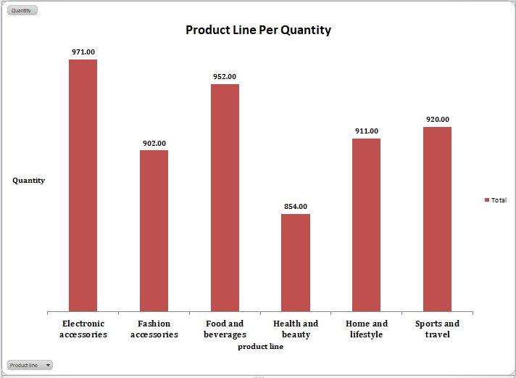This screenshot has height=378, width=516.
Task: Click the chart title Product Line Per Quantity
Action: coord(258,30)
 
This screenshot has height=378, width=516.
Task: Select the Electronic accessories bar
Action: coord(83,185)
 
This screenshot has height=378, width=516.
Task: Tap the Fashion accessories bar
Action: coord(154,231)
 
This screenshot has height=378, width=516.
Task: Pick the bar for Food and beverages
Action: coord(225,197)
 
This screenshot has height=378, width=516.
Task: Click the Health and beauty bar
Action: coord(296,263)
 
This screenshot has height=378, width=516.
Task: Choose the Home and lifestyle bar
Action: coord(366,225)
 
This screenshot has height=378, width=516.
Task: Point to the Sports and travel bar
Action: coord(437,219)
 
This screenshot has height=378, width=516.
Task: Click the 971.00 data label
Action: coord(83,52)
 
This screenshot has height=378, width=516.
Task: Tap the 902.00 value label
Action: coord(154,143)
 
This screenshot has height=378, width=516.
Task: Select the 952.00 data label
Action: coord(225,76)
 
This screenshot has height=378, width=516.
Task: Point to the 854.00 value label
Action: coord(296,206)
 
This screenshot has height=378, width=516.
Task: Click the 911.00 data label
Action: coord(366,131)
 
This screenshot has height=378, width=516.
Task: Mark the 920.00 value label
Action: coord(437,119)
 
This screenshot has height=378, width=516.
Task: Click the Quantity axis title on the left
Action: coord(28,180)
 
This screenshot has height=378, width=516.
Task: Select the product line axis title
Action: coord(260,347)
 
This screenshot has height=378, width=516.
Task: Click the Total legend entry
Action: coord(496,200)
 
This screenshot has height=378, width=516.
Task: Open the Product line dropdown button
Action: coord(30,365)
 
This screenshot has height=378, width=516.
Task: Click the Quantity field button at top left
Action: coord(22,10)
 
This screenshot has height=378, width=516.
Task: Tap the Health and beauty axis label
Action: coord(296,329)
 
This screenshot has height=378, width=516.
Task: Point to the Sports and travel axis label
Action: coord(437,329)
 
